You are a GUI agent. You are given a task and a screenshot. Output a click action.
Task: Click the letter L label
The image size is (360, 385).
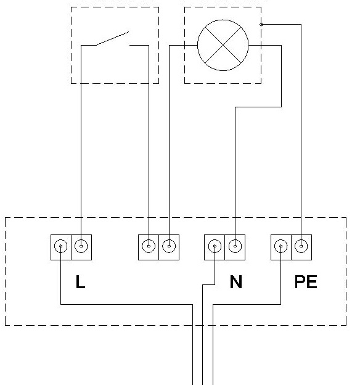80,281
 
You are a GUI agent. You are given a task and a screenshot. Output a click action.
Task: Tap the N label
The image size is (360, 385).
236,281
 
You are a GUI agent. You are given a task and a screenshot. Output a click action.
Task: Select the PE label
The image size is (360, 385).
306,281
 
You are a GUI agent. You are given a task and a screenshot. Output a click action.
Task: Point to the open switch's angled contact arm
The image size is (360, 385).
112,38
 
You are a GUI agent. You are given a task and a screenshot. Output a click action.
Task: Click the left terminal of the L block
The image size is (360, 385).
61,246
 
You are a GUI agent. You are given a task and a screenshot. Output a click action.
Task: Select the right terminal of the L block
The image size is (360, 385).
81,246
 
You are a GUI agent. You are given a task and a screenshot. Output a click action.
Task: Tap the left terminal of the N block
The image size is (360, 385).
215,246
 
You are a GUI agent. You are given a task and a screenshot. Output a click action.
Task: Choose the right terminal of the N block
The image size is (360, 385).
235,246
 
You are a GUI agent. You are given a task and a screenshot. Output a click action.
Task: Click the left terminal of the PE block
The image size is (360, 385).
281,246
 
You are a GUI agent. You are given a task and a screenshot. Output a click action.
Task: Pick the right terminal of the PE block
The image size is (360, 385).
301,246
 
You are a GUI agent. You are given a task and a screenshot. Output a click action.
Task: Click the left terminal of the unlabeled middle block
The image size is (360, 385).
149,246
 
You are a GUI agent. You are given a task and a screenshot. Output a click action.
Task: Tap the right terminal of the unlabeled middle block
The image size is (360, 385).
169,246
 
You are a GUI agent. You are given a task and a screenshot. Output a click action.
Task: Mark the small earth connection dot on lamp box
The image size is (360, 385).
261,25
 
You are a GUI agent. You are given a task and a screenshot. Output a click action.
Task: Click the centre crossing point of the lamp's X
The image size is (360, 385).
223,45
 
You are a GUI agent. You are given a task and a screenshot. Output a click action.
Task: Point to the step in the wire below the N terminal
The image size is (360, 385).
208,285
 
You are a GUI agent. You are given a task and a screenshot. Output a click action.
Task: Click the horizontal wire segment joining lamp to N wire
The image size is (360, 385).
258,107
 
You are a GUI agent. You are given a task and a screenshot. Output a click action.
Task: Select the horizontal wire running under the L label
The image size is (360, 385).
126,304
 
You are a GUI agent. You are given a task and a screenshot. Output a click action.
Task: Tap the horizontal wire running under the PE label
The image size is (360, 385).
247,304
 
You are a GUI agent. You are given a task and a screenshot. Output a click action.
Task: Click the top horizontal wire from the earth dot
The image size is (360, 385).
281,24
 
